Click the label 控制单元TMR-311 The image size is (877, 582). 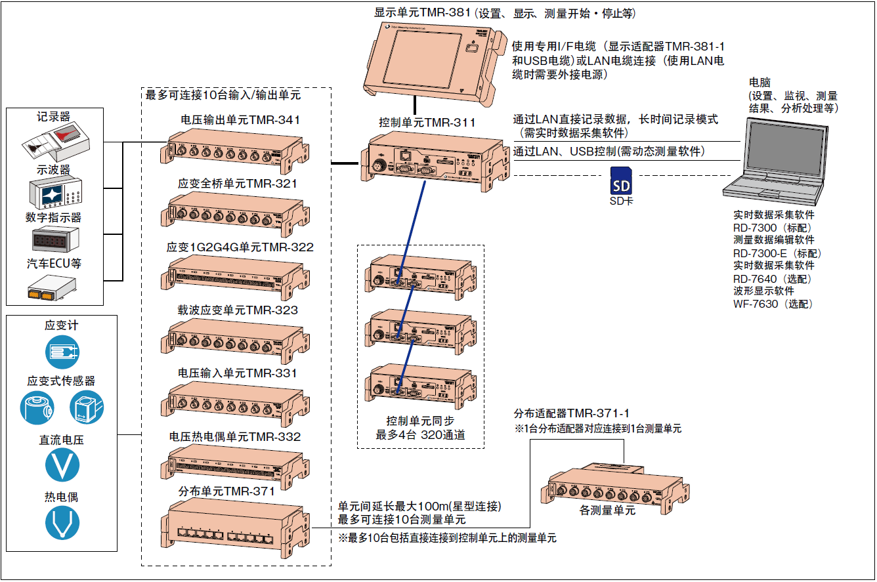tap(427, 122)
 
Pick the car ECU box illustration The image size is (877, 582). tap(52, 287)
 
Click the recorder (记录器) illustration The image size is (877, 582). tap(60, 142)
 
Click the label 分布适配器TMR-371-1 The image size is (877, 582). tap(572, 413)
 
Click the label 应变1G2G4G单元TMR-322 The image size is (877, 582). tap(240, 247)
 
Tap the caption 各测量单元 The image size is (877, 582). tap(607, 510)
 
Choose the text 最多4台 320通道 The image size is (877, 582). tap(420, 434)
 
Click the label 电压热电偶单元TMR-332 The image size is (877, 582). tap(235, 437)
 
